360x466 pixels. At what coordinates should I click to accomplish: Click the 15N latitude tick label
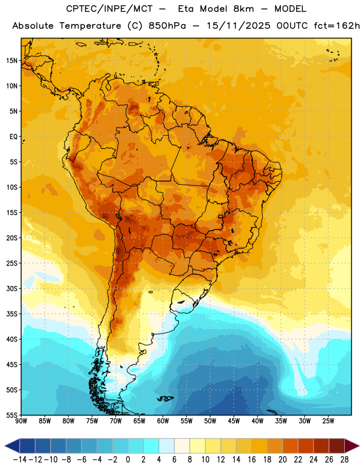[12, 61]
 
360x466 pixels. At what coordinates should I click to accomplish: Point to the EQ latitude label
[13, 137]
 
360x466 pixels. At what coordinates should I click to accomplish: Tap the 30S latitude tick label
[12, 289]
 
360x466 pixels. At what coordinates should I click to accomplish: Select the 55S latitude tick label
[12, 415]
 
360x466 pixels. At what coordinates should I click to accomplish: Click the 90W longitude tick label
[21, 421]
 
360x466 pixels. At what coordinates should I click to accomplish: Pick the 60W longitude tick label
[163, 421]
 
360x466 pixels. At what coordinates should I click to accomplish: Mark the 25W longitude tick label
[328, 421]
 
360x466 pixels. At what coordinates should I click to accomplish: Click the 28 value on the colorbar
[344, 460]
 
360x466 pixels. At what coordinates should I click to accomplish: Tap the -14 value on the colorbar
[20, 460]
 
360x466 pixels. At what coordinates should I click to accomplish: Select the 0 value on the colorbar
[128, 460]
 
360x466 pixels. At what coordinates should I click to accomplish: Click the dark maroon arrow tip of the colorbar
[352, 446]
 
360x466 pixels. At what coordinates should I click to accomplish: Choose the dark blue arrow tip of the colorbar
[12, 446]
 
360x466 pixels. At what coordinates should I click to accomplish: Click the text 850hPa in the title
[167, 26]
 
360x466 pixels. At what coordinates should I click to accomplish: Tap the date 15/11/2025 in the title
[238, 26]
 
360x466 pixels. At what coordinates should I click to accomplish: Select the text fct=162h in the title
[337, 26]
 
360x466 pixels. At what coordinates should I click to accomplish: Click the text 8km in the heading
[243, 9]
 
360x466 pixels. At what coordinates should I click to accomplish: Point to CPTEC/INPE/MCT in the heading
[110, 9]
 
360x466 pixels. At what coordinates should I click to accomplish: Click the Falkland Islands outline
[165, 398]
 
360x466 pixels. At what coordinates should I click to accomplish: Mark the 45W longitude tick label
[234, 421]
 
